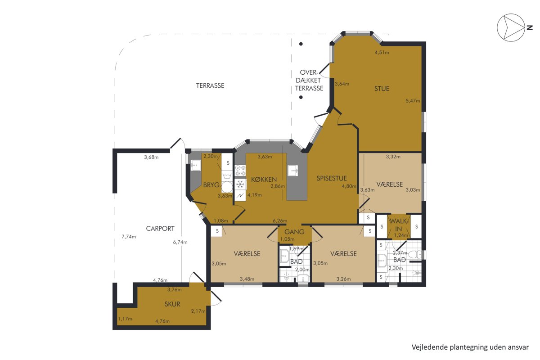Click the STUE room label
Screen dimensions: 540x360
coord(382,89)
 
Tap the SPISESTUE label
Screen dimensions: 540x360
coord(332,179)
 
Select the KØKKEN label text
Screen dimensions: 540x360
coord(264,180)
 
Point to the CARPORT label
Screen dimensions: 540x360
coord(160,229)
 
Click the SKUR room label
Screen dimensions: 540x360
coord(172,304)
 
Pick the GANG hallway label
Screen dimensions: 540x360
coord(294,232)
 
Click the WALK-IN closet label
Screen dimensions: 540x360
coord(398,225)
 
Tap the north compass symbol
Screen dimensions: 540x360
coord(512,27)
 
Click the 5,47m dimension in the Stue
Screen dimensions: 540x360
coord(413,101)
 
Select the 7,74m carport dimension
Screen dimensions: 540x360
coord(129,237)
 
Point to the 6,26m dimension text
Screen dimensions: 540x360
coord(280,221)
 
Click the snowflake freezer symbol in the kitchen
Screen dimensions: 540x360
coord(240,184)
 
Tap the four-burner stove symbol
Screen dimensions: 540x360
coord(240,170)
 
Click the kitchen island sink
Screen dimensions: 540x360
coord(292,171)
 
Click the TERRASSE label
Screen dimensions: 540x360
coord(210,85)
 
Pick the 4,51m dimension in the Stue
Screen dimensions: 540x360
coord(382,52)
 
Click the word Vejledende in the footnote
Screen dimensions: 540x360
coord(426,347)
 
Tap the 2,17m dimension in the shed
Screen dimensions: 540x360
coord(198,311)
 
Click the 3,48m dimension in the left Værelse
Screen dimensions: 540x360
coord(247,279)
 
